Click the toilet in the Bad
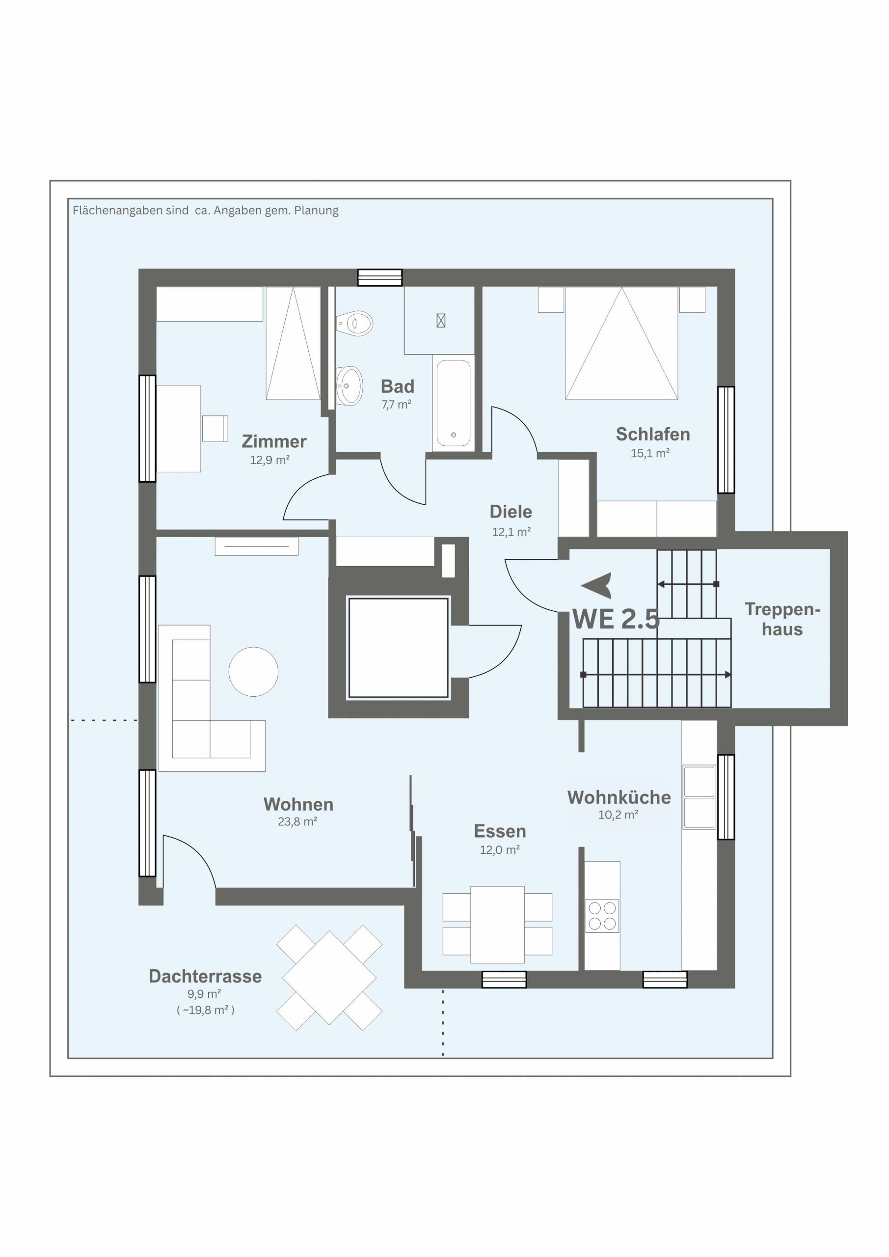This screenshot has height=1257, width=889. pyautogui.click(x=355, y=323)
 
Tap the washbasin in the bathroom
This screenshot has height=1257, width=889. pyautogui.click(x=349, y=385)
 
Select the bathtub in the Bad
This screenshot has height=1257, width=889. pyautogui.click(x=453, y=403)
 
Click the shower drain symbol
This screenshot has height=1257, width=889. pyautogui.click(x=441, y=320)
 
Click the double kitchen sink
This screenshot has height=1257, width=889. pyautogui.click(x=699, y=796)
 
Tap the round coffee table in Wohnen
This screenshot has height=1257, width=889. pyautogui.click(x=253, y=671)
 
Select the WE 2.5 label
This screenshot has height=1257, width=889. pyautogui.click(x=616, y=619)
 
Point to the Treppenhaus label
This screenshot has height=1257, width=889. pyautogui.click(x=782, y=619)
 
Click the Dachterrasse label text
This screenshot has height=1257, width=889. pyautogui.click(x=205, y=976)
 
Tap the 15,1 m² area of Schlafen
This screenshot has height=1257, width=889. pyautogui.click(x=650, y=453)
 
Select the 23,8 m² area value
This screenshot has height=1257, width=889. pyautogui.click(x=298, y=821)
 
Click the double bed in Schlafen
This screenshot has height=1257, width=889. pyautogui.click(x=621, y=343)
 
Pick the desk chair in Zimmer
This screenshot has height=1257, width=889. pyautogui.click(x=215, y=428)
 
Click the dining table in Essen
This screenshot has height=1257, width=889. pyautogui.click(x=497, y=924)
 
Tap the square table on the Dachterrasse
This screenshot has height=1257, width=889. pyautogui.click(x=329, y=977)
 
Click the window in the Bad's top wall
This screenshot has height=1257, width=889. pyautogui.click(x=380, y=277)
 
